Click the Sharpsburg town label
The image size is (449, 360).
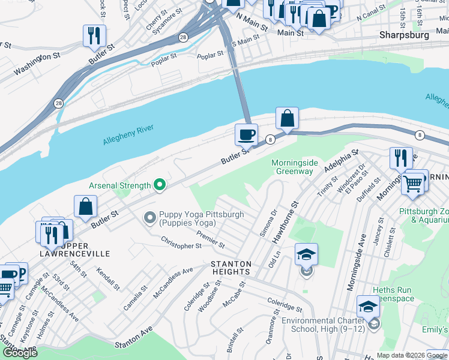tap(404, 35)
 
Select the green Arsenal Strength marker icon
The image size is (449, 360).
tap(159, 185)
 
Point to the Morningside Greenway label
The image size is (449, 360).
tap(292, 167)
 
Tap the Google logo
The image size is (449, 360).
tap(20, 352)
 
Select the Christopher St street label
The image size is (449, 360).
tap(181, 244)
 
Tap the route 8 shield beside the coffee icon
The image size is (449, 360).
tap(271, 139)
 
